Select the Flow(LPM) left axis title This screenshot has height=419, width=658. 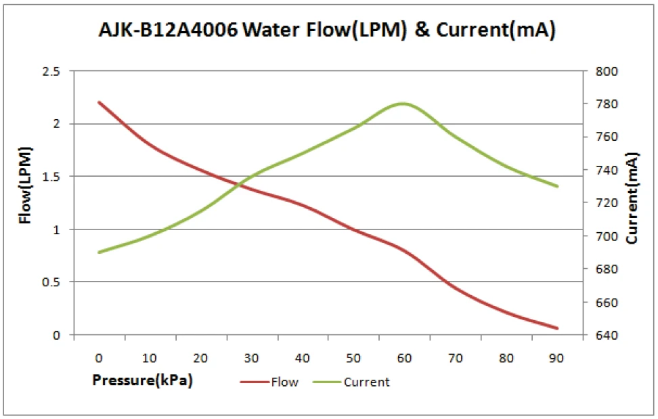[25, 185]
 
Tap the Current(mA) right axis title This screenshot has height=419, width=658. [632, 198]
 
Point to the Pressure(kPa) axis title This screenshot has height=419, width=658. [142, 380]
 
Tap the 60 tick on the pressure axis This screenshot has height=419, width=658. [404, 358]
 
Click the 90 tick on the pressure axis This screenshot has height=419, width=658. [557, 358]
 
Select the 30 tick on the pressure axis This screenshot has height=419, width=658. [251, 358]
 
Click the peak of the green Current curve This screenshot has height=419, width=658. [403, 104]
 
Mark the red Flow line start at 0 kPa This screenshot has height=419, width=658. [99, 102]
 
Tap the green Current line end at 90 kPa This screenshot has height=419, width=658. [557, 186]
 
